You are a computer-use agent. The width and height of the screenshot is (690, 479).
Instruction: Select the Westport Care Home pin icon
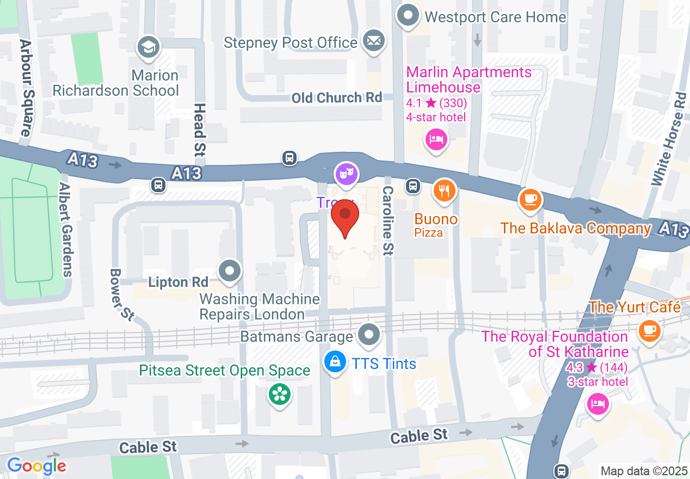tap(408, 16)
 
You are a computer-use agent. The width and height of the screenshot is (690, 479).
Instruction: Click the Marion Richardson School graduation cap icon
tap(148, 47)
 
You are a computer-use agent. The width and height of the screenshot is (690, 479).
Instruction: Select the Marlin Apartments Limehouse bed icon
tap(435, 140)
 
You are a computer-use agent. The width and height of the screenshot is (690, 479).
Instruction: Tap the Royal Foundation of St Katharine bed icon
tap(597, 404)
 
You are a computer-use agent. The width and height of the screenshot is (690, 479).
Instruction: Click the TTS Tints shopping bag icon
tap(335, 362)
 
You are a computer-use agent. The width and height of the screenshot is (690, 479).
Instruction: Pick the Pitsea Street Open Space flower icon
tap(280, 394)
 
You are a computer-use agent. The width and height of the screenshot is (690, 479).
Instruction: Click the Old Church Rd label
tap(337, 98)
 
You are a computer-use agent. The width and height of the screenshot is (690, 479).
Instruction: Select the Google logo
tap(36, 466)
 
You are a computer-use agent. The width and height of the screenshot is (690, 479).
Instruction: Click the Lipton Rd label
tap(178, 283)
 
